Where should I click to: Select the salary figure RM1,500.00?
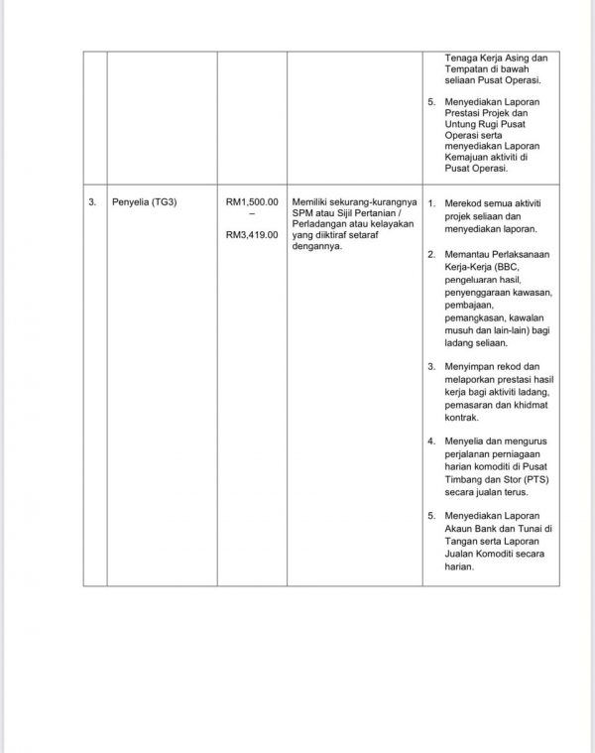[252, 202]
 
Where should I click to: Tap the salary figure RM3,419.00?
[252, 235]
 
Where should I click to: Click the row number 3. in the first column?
[93, 202]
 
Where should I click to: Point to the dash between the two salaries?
[252, 218]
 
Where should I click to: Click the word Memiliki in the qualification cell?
[312, 202]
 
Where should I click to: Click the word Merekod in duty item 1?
[463, 203]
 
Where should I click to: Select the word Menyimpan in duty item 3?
[467, 367]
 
